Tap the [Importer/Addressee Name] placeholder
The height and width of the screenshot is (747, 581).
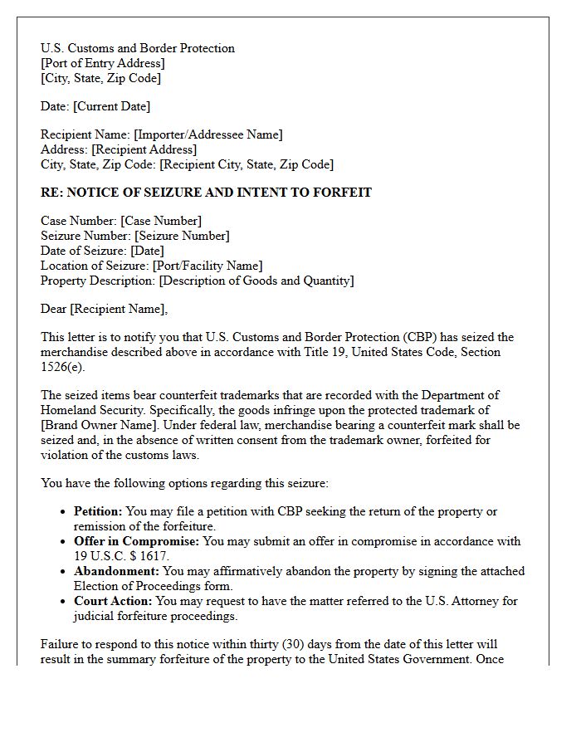pos(208,134)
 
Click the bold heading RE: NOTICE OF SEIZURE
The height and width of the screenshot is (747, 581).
pos(206,193)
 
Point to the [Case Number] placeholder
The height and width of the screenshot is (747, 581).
pos(161,221)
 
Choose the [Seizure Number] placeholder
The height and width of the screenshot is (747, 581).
pos(182,236)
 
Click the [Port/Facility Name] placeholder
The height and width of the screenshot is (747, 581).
pos(207,266)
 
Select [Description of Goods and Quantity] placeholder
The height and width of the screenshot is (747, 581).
pos(256,281)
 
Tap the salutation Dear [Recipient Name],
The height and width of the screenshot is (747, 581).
pos(104,309)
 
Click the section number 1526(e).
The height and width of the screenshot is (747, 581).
pos(63,367)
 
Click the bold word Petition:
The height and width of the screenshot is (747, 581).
pos(99,511)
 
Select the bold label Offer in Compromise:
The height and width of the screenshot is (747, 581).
pos(137,541)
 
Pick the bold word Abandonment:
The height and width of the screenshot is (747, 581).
pos(116,571)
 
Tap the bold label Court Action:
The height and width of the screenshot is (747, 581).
pos(113,601)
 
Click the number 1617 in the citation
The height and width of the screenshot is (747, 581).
pos(154,556)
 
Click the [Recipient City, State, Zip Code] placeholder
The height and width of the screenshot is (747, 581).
pos(247,164)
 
